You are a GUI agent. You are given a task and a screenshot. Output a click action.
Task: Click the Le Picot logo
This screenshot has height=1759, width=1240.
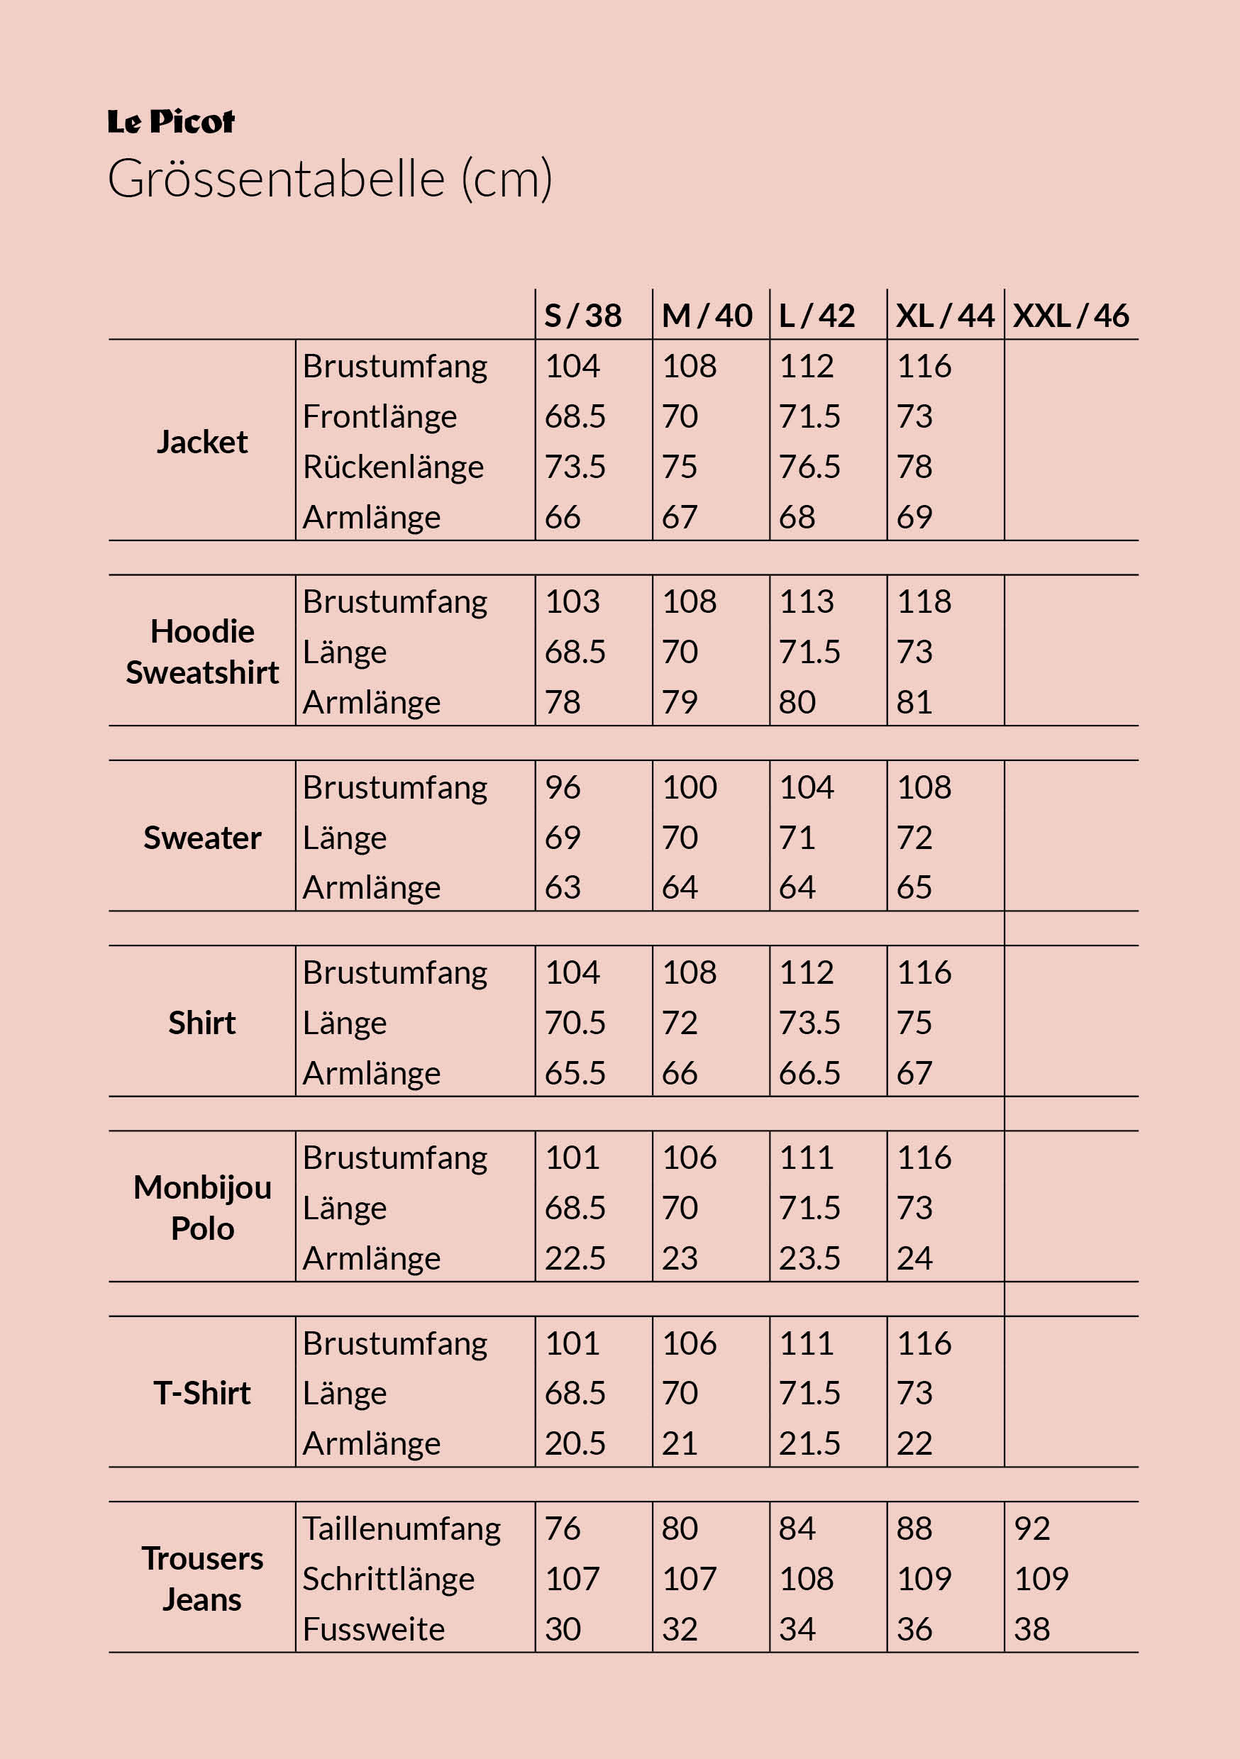(171, 122)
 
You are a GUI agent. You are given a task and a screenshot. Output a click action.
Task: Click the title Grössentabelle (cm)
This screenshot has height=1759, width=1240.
(330, 179)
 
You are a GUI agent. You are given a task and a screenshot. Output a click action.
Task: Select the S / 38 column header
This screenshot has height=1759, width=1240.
(582, 316)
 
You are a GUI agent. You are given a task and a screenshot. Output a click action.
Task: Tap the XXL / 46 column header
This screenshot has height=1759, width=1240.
(1070, 316)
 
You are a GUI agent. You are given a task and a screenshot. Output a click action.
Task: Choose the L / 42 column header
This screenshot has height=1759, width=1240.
(816, 316)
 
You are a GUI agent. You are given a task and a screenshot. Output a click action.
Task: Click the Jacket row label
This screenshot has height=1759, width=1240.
(202, 442)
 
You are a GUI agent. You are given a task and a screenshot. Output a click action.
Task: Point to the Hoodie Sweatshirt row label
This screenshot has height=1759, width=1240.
(202, 652)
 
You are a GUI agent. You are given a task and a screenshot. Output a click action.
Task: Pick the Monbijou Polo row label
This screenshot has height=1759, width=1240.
(202, 1207)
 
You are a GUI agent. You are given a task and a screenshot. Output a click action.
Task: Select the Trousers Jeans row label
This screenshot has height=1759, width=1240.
(202, 1578)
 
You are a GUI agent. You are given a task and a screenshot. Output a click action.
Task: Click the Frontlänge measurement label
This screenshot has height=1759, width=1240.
(380, 417)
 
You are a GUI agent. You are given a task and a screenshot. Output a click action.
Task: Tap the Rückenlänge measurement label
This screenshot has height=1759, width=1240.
(393, 467)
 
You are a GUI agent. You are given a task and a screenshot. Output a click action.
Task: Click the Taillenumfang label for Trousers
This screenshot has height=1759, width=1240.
(402, 1528)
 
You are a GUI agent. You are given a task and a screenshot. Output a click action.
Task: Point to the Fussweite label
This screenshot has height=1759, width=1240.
(373, 1628)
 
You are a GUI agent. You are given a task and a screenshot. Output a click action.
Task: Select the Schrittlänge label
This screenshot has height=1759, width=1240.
(389, 1579)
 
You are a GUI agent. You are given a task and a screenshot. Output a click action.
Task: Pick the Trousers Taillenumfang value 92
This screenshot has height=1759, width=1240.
(1031, 1528)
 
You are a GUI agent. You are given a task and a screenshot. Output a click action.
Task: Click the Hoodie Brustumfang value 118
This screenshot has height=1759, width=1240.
(924, 601)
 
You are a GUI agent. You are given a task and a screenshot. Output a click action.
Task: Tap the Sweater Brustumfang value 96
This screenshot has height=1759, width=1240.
(563, 787)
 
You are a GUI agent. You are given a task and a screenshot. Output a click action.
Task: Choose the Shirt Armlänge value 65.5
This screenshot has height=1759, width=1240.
(575, 1073)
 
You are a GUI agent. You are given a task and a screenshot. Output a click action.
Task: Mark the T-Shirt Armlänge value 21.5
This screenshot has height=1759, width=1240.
(809, 1443)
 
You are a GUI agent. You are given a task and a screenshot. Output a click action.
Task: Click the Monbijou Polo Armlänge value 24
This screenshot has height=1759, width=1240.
(914, 1258)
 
